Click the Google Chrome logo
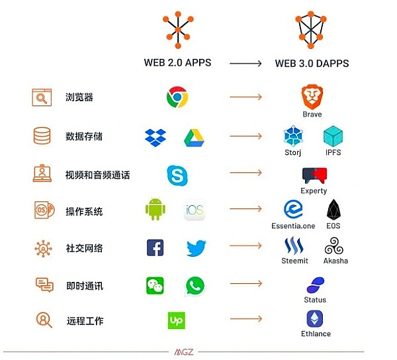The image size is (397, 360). tap(177, 97)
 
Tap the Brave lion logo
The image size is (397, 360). tap(312, 96)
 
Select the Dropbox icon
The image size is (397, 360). tap(155, 137)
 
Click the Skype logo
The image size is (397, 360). tap(177, 175)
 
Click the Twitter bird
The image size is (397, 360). tap(196, 248)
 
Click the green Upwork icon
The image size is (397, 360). tap(176, 321)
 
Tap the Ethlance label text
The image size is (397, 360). tap(316, 334)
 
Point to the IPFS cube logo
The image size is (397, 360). tap(333, 136)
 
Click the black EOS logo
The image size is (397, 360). tap(333, 210)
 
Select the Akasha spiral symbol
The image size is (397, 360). tap(334, 247)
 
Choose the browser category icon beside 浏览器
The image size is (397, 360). tap(42, 98)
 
